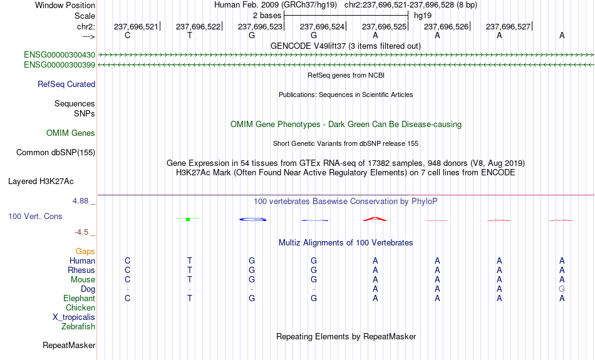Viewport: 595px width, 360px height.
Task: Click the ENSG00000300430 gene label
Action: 59,55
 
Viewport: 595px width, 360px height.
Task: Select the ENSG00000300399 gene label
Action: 59,65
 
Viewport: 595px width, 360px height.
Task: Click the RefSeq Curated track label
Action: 66,85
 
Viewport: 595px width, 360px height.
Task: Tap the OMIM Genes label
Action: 71,133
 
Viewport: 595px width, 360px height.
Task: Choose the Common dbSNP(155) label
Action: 56,153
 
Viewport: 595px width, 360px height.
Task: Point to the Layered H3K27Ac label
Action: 41,182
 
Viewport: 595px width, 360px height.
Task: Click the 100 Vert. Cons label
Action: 35,216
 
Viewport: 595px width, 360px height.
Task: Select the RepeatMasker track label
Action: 69,345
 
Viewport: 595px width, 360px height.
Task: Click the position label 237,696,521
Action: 136,26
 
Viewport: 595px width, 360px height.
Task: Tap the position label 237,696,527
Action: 508,26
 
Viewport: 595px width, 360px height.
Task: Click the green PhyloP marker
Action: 188,219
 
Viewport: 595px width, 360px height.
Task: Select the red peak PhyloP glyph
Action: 375,219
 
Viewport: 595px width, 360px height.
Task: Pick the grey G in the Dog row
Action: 562,289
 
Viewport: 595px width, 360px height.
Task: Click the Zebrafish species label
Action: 78,327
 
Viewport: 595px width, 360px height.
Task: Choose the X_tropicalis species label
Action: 74,317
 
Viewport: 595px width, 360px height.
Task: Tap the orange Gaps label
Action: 85,252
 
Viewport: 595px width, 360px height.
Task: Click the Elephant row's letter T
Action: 190,299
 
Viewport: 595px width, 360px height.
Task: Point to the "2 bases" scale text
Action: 267,16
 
